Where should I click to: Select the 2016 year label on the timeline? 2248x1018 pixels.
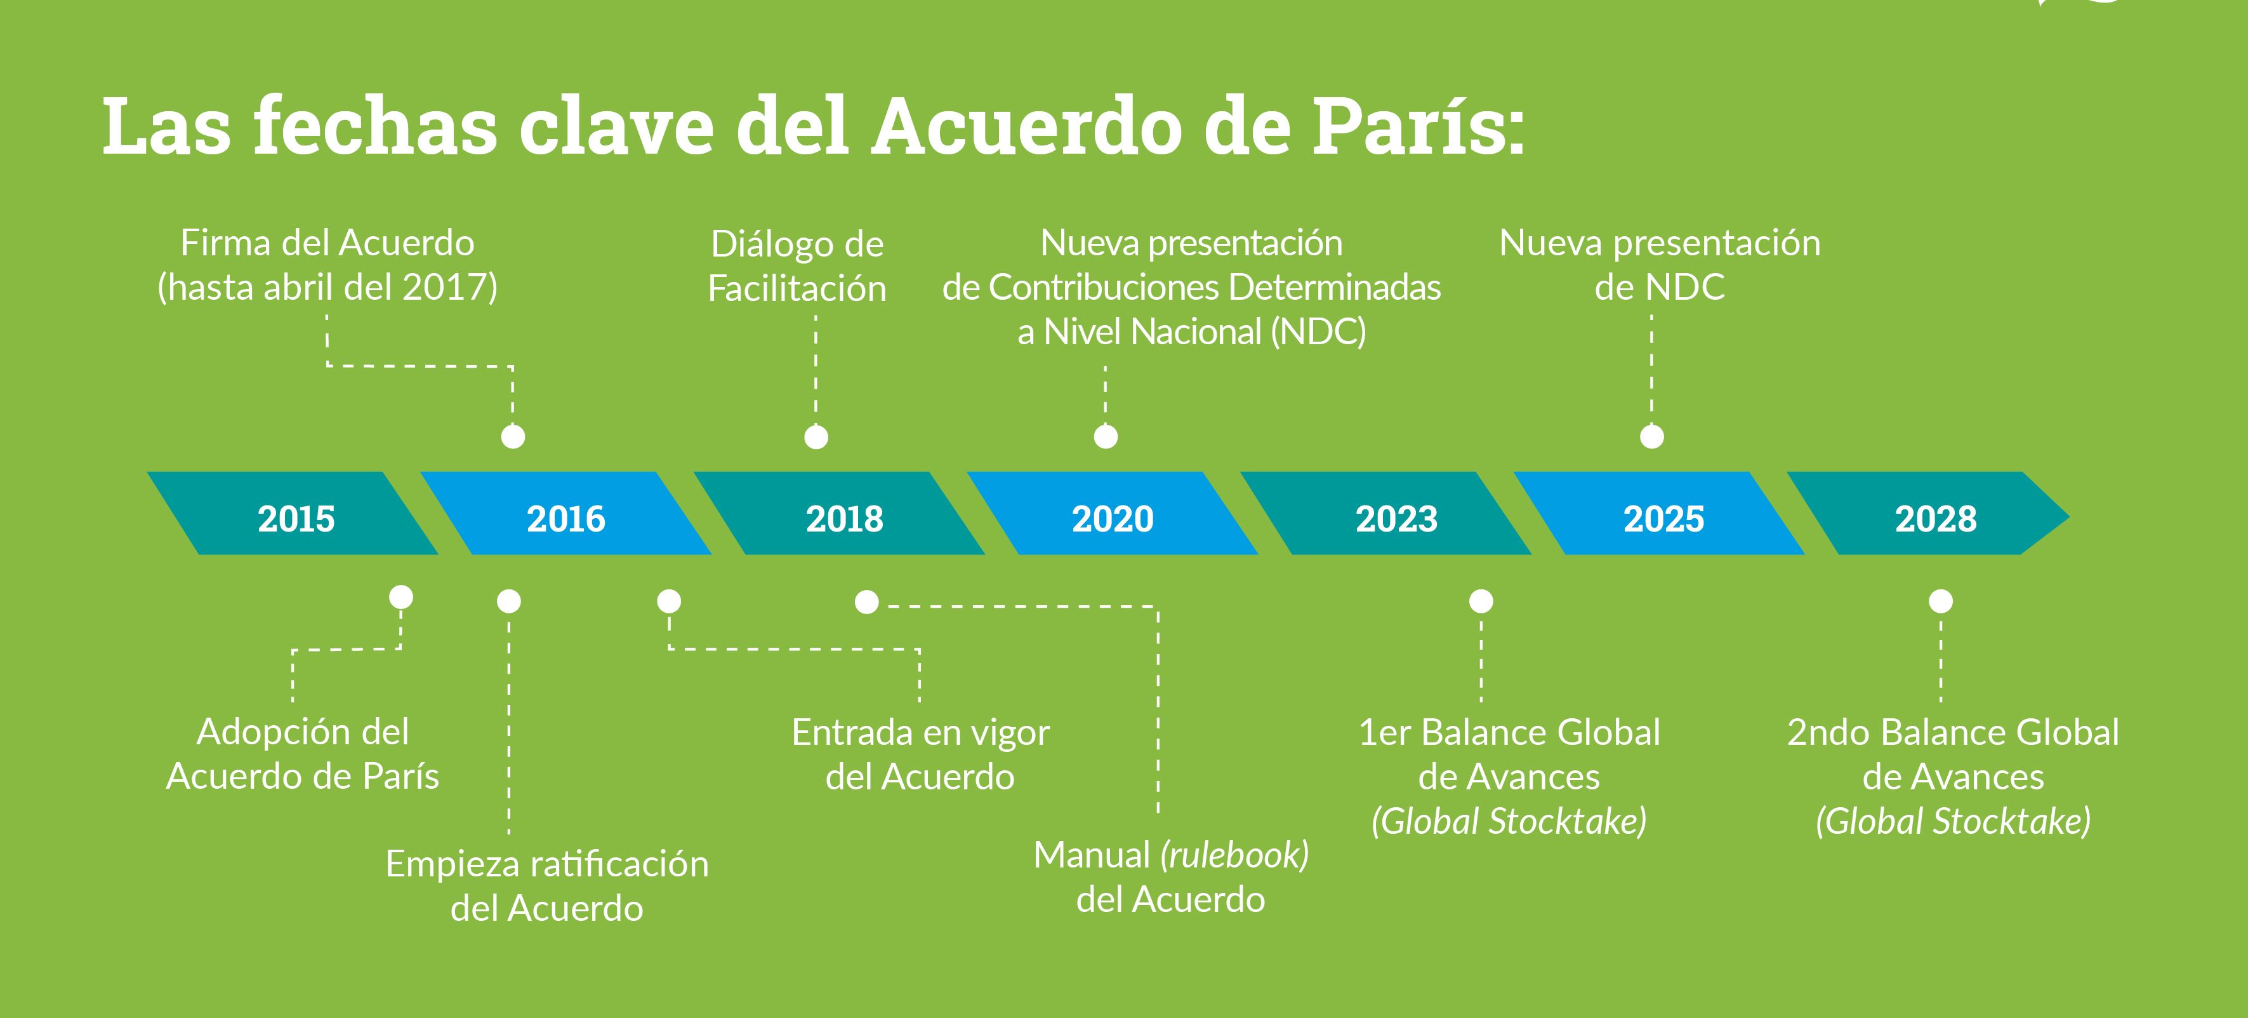click(x=565, y=519)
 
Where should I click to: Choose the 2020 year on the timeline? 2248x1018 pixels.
click(x=1113, y=519)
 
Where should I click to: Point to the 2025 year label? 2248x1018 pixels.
click(x=1663, y=519)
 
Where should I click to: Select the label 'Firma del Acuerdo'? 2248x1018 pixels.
click(x=327, y=243)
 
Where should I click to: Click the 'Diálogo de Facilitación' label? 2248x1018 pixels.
click(x=798, y=266)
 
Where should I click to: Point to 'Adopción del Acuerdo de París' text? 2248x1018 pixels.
click(x=303, y=753)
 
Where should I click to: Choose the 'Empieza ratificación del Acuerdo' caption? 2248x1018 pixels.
click(x=547, y=886)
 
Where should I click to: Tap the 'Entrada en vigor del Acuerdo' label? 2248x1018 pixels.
click(x=921, y=754)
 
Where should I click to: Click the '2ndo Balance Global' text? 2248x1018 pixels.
click(x=1953, y=732)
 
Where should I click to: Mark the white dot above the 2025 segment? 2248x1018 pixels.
click(x=1652, y=436)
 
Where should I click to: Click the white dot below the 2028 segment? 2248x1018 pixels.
click(x=1941, y=601)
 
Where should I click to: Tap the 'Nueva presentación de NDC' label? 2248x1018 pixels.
click(x=1660, y=265)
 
